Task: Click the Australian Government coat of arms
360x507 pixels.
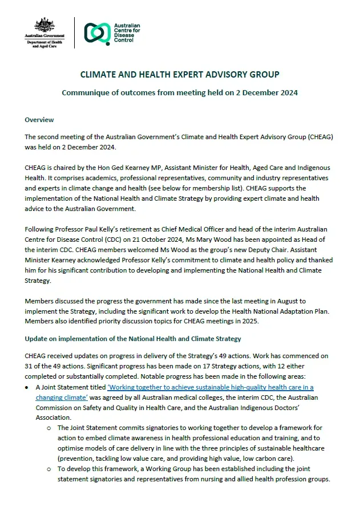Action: [45, 25]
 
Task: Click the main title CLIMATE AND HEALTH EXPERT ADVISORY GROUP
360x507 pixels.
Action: [179, 75]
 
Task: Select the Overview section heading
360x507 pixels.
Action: [39, 120]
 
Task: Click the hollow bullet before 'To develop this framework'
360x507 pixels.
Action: [49, 469]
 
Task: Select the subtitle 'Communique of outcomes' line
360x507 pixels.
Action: [179, 92]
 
